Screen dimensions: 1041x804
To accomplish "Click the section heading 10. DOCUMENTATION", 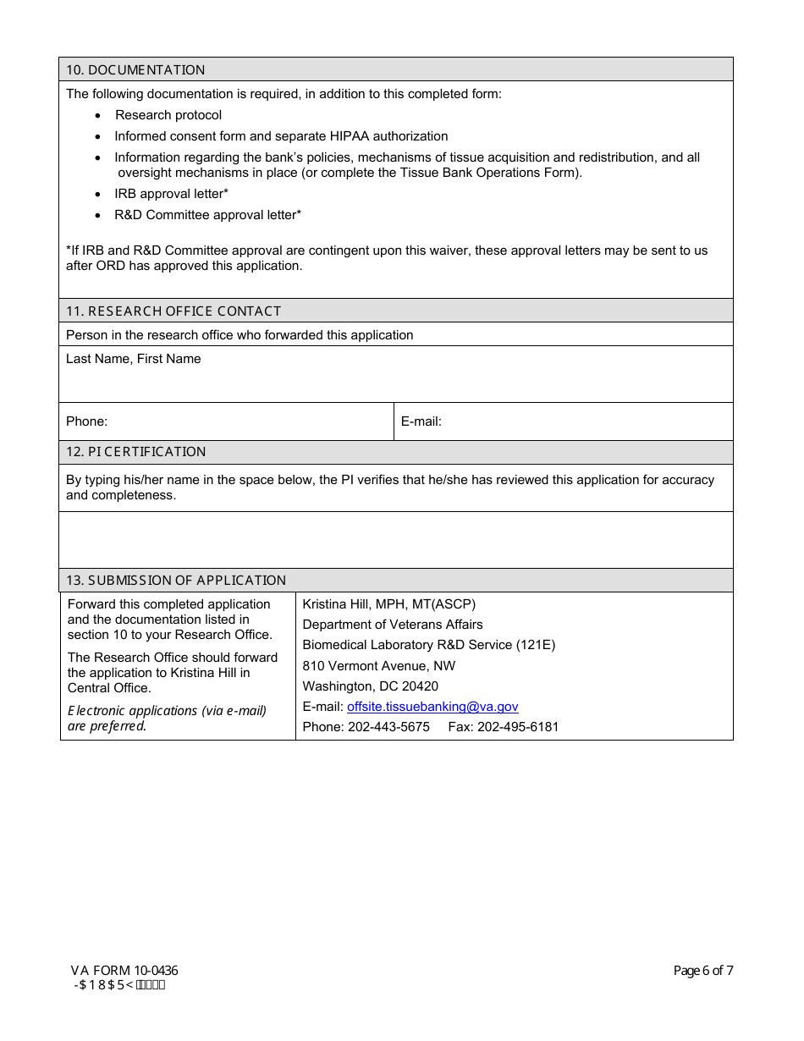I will point(135,69).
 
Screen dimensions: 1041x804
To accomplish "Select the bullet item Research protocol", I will point(168,115).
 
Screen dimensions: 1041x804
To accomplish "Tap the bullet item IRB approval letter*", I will point(171,194).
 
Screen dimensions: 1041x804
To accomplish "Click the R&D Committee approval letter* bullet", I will point(207,215).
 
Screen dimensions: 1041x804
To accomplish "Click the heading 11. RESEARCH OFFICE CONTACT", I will point(173,311).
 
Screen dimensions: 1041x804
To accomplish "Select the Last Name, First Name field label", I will point(134,359).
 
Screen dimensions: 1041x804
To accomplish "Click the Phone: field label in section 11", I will point(86,421).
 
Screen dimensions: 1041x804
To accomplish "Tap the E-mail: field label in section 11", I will point(421,421).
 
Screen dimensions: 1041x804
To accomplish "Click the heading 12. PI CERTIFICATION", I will point(135,451).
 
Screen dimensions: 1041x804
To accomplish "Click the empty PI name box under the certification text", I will point(395,539).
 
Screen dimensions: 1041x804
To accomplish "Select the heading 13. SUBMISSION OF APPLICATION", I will point(176,580).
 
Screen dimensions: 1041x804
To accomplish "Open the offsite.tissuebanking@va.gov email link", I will point(432,707).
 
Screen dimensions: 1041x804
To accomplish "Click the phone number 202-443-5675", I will point(388,727).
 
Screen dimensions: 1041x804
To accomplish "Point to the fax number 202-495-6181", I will point(518,727).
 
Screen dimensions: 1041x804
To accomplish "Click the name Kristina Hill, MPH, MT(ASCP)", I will point(389,604).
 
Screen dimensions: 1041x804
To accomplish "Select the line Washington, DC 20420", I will point(370,686).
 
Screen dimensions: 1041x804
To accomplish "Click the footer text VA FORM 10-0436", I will point(124,971).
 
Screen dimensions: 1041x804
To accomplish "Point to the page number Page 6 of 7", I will point(702,971).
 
